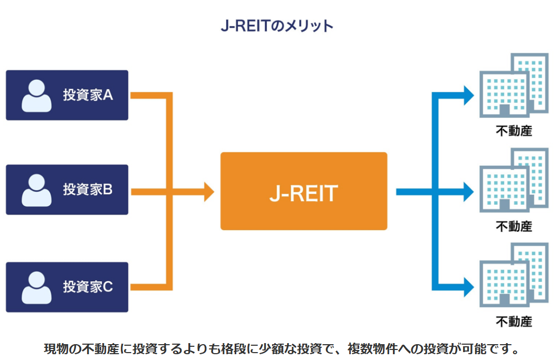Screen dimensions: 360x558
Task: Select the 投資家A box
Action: point(67,95)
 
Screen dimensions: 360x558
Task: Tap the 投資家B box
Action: point(67,190)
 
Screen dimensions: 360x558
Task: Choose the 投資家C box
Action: point(67,287)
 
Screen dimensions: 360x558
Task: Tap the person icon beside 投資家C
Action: point(36,288)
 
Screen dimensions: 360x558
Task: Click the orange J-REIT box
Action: point(303,191)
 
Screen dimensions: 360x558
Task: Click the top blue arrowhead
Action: point(468,96)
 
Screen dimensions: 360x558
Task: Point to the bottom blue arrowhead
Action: point(468,287)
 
